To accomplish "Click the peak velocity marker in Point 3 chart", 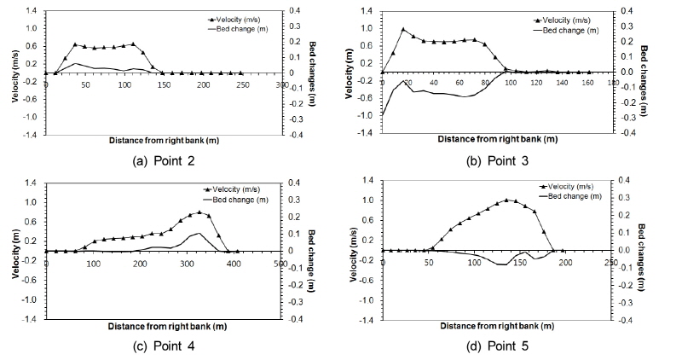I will coord(403,30).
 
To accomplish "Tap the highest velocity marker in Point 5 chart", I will coord(507,200).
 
